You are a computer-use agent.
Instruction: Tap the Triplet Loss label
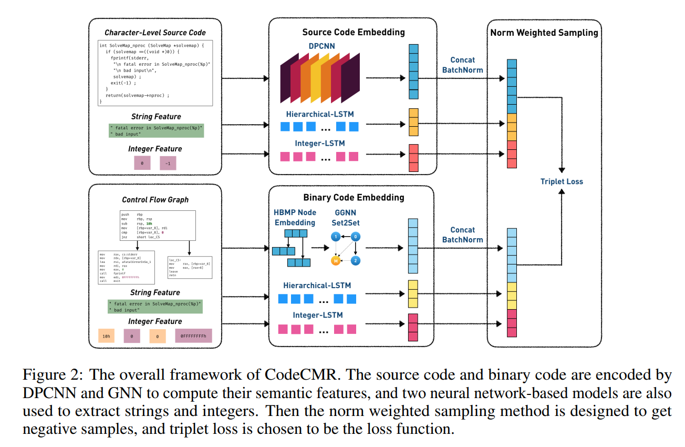[x=562, y=181]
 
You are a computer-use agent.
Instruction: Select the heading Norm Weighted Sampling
[x=544, y=33]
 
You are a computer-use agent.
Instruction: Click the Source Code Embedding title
[x=354, y=32]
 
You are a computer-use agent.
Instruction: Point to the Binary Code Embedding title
[x=354, y=198]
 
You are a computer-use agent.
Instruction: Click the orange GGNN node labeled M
[x=335, y=260]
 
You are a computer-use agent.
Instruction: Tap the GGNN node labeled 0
[x=356, y=237]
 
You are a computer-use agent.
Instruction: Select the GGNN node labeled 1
[x=335, y=237]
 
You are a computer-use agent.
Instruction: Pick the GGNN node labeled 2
[x=356, y=260]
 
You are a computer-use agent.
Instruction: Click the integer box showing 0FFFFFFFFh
[x=193, y=336]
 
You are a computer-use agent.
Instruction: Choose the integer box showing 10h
[x=106, y=336]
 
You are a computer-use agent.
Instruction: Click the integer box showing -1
[x=168, y=163]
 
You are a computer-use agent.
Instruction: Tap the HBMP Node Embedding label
[x=294, y=217]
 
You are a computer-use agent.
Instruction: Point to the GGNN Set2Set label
[x=346, y=217]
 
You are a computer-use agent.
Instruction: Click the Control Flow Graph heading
[x=155, y=200]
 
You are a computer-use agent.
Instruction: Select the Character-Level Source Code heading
[x=155, y=33]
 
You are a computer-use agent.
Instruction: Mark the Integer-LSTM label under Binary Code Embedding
[x=318, y=315]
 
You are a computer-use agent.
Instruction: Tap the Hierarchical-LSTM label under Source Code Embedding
[x=321, y=114]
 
